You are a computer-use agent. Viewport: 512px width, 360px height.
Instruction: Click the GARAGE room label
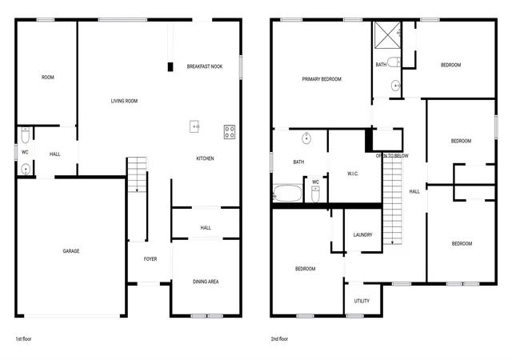pos(71,251)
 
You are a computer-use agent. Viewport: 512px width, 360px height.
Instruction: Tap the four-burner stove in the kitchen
pos(230,132)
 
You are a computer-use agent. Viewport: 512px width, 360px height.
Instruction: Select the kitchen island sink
pos(194,126)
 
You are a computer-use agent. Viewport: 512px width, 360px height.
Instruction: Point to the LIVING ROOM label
pos(124,101)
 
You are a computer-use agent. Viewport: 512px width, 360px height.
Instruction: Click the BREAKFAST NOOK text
pos(205,66)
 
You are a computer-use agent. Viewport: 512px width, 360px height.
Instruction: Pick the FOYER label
pos(150,258)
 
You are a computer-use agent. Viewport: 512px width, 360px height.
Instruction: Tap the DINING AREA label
pos(206,282)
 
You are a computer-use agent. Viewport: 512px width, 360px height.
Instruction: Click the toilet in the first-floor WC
pos(25,135)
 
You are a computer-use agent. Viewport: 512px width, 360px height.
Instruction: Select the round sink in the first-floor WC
pos(26,170)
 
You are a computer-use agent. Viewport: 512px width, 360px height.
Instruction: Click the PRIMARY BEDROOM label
pos(322,79)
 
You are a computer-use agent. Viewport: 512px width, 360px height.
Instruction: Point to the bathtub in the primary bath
pos(288,193)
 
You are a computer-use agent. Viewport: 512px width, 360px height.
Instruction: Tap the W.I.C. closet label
pos(353,174)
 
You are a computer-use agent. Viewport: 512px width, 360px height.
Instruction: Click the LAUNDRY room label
pos(362,234)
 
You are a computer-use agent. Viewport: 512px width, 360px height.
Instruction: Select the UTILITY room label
pos(362,301)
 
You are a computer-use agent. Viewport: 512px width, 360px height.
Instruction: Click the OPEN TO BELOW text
pos(392,156)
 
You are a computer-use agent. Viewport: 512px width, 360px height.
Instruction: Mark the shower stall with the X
pos(387,35)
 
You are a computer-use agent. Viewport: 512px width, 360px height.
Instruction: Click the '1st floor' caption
pos(23,338)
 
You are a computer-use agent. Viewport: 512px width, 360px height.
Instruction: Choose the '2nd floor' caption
pos(279,338)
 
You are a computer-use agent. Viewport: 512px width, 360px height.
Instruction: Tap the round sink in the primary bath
pos(306,138)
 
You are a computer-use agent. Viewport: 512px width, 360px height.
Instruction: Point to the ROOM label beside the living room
pos(48,77)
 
